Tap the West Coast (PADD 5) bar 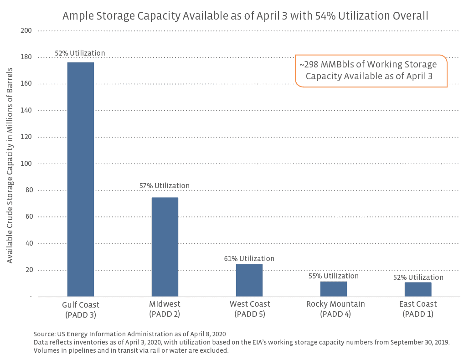[249, 280]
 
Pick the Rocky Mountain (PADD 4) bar [334, 289]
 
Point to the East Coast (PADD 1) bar [418, 289]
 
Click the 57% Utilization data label [165, 186]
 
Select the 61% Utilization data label [249, 259]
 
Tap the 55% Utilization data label [334, 276]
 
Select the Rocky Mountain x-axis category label [335, 309]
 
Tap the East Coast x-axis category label [418, 309]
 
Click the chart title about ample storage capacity [245, 16]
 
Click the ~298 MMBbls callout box [371, 71]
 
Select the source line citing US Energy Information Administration [129, 334]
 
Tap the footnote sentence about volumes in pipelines [131, 350]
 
